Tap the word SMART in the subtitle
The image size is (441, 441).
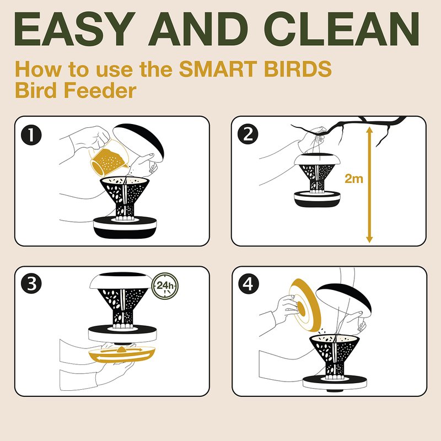point(218,69)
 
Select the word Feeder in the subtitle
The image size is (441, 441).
point(100,90)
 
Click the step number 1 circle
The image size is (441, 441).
point(31,135)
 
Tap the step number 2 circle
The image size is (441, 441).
point(248,135)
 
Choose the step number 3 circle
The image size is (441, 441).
point(31,284)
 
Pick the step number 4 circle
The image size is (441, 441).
point(248,284)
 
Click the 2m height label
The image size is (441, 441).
point(354,179)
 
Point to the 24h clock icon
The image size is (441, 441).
point(165,286)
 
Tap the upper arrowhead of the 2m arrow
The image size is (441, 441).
point(369,130)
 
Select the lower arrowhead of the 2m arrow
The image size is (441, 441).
point(369,239)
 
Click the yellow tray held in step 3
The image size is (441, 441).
point(122,354)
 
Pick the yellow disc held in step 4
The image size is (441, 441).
point(305,305)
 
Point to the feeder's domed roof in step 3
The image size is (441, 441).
point(121,281)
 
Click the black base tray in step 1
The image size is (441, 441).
point(125,227)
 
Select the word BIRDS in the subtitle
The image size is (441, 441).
point(298,69)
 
